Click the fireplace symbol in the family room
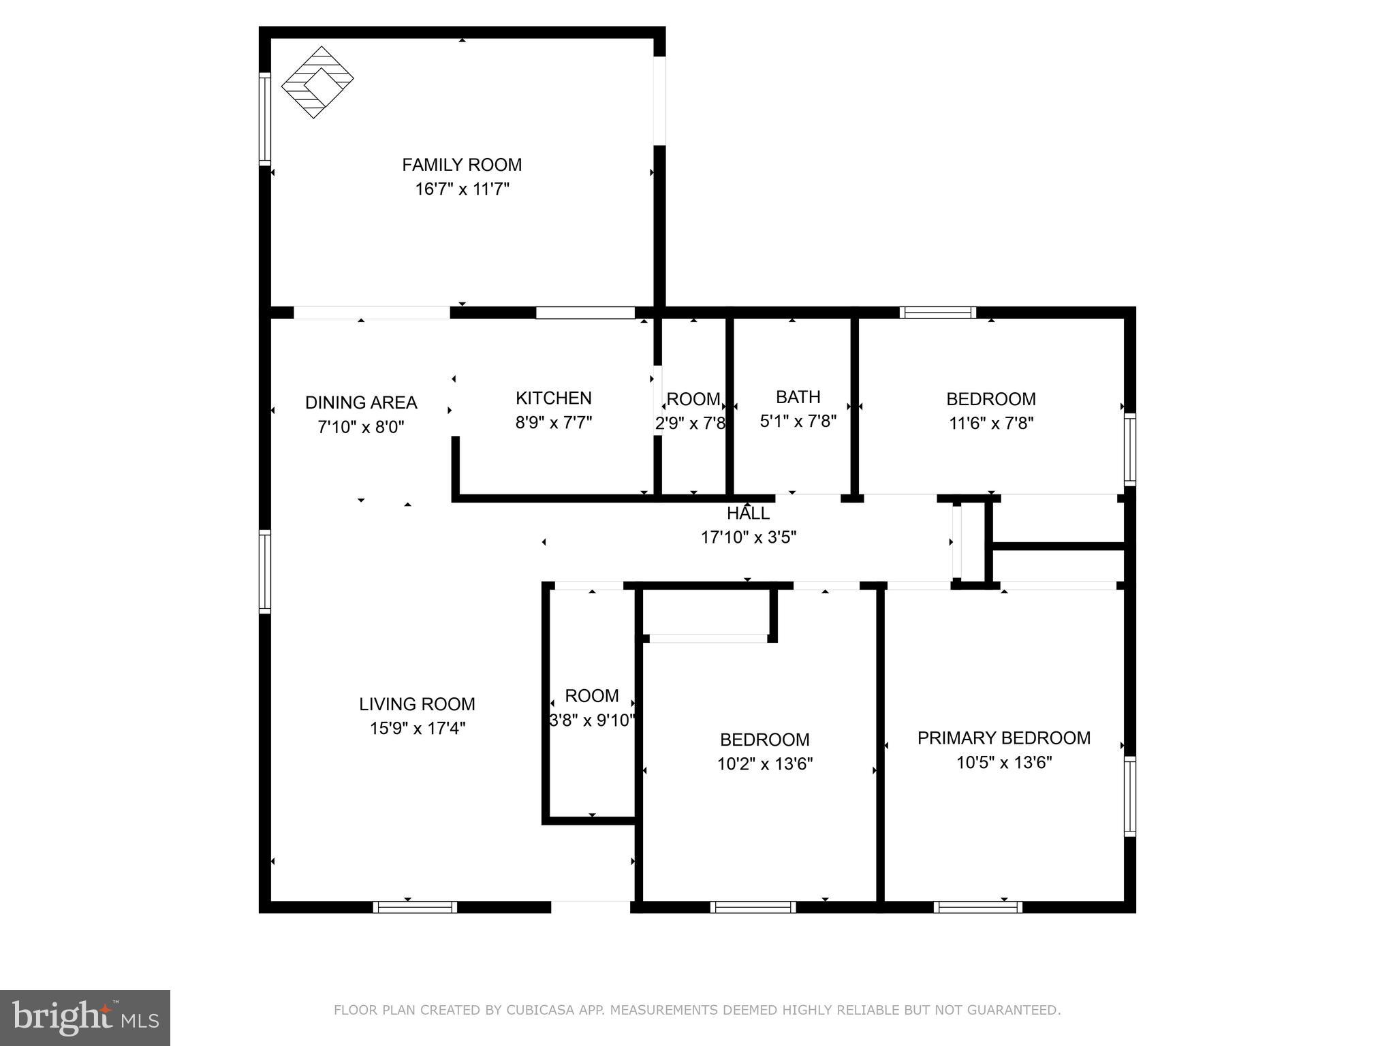pos(317,82)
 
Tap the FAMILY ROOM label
pos(462,165)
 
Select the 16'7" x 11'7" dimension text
pos(463,189)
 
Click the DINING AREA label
pos(361,402)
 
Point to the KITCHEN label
pos(553,398)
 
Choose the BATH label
pos(798,397)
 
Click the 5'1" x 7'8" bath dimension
pos(798,422)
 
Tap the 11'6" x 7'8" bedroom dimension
pos(991,424)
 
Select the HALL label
pos(748,513)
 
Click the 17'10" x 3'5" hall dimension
pos(749,538)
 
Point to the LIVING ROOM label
pos(417,704)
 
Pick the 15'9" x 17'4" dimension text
pos(418,729)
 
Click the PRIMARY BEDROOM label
pos(1003,738)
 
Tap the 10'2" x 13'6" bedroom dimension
pos(765,764)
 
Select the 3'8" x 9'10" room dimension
pos(592,720)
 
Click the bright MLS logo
pos(85,1018)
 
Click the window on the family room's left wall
pos(265,118)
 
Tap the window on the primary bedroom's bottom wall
pos(977,907)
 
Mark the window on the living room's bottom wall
pos(415,907)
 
